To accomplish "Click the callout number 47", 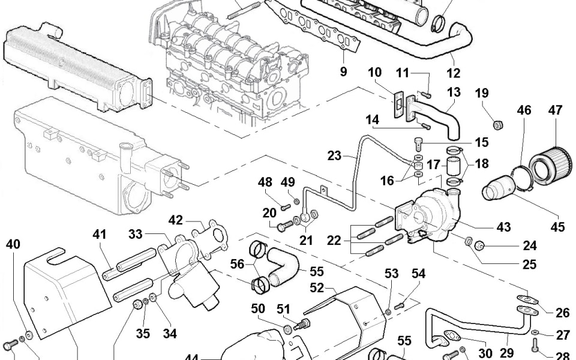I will click(x=554, y=110).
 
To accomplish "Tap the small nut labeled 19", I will click(x=497, y=125).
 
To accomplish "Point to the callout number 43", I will click(x=503, y=227).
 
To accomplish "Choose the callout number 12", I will click(x=454, y=73).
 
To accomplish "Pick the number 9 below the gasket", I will click(x=343, y=72).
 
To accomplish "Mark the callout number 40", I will click(x=13, y=244).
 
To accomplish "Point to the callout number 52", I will click(x=317, y=288).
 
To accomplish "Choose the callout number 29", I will click(x=506, y=352).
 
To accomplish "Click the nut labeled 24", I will click(x=479, y=245).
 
